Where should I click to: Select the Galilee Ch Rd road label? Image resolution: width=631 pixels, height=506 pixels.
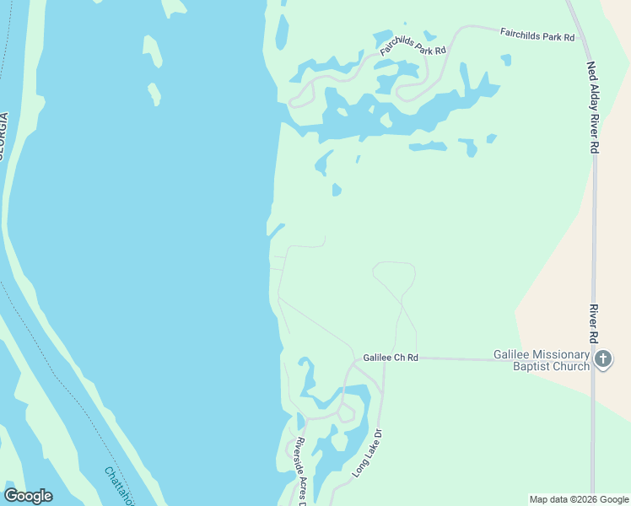(x=391, y=358)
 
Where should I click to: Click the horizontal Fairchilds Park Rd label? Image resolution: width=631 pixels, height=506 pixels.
(x=537, y=35)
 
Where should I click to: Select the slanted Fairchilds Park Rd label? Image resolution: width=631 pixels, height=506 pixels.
(x=412, y=45)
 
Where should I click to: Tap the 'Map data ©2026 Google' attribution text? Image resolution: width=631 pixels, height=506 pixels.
(x=579, y=499)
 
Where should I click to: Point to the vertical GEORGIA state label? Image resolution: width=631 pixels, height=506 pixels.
(x=3, y=136)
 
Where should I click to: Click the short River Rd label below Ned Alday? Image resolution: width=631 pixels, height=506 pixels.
(x=594, y=324)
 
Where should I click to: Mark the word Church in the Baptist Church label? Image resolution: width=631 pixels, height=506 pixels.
(x=568, y=366)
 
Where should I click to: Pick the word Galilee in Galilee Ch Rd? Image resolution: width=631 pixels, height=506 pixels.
(x=378, y=358)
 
